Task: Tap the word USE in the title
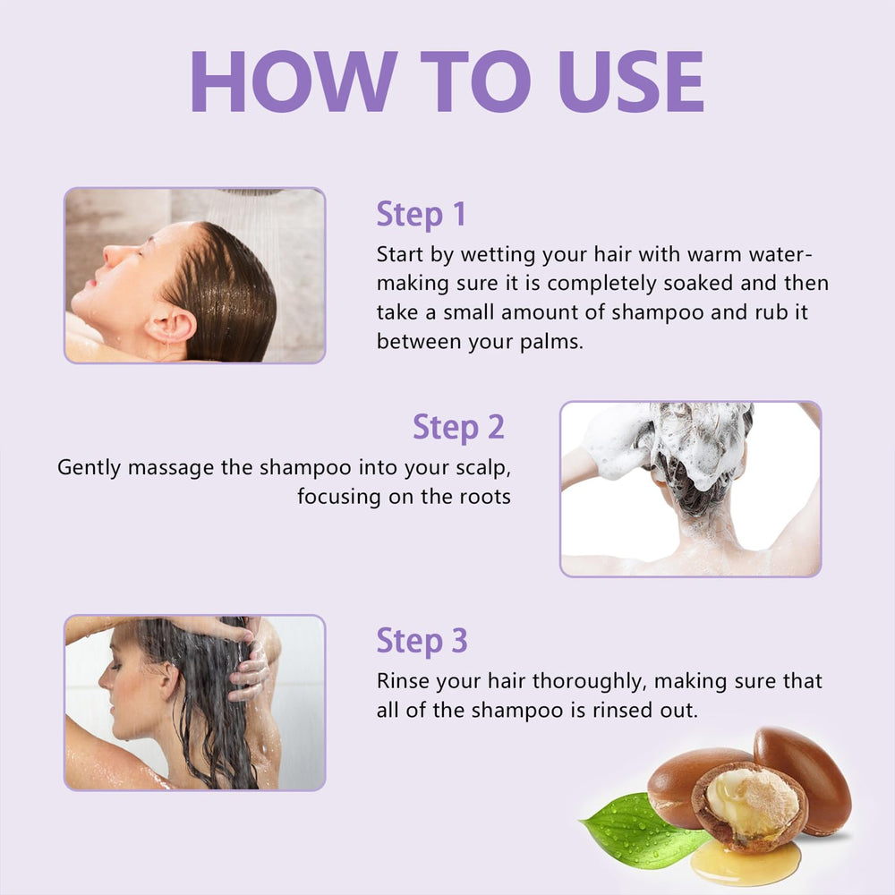coord(631,81)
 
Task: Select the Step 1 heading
coord(421,215)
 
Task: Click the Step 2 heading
coord(458,428)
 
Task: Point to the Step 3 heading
coord(422,641)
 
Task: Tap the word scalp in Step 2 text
coord(483,468)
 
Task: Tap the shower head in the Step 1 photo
coord(251,192)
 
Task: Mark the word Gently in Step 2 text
coord(89,468)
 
